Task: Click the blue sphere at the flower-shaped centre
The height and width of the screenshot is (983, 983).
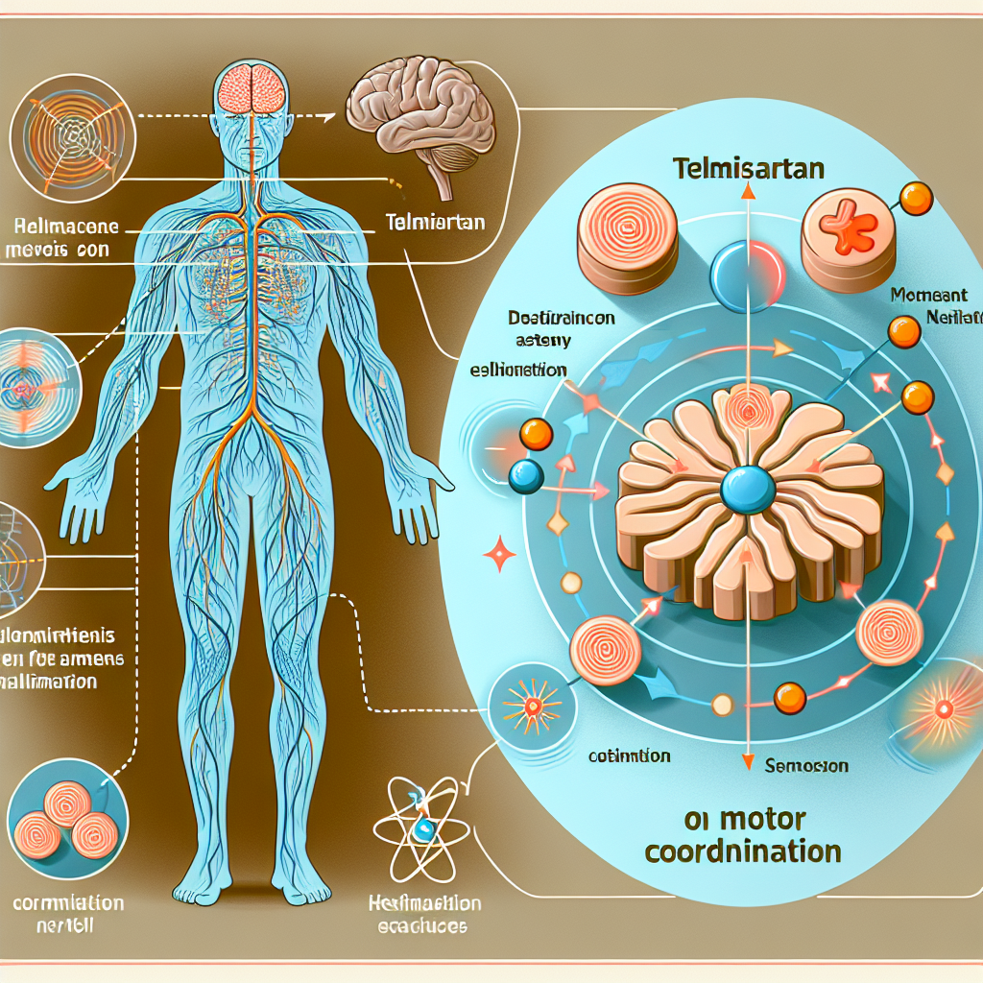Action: point(747,489)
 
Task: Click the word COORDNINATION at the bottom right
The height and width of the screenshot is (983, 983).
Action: point(743,851)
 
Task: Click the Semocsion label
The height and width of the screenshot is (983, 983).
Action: point(805,766)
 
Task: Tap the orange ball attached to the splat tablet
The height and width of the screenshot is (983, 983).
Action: point(917,198)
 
